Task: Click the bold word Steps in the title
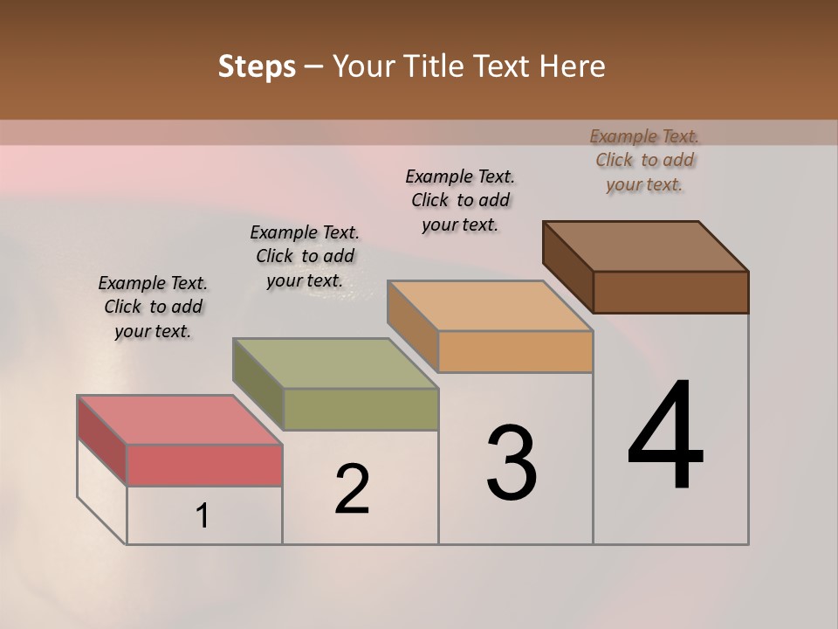[x=257, y=66]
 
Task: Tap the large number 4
[x=666, y=437]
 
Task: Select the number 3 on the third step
[x=512, y=463]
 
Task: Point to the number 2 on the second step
[x=353, y=488]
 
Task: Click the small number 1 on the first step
[x=203, y=516]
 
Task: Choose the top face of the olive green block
[x=336, y=363]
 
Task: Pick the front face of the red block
[x=204, y=465]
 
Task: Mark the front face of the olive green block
[x=361, y=409]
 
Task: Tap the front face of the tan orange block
[x=515, y=352]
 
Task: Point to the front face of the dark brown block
[x=670, y=292]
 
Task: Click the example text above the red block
[x=153, y=307]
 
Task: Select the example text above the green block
[x=305, y=256]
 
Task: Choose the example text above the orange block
[x=460, y=200]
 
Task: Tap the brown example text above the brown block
[x=644, y=160]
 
